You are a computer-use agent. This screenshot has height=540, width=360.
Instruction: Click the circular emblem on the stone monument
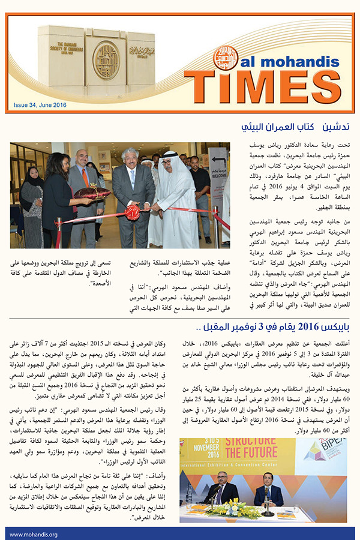(x=106, y=58)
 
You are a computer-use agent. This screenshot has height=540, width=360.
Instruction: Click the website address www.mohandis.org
(x=33, y=534)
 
